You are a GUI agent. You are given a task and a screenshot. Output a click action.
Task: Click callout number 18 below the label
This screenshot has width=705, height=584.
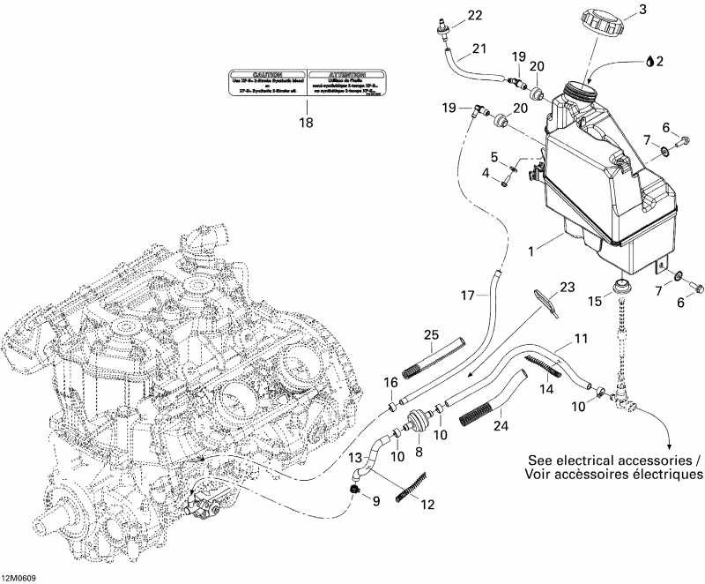click(x=306, y=124)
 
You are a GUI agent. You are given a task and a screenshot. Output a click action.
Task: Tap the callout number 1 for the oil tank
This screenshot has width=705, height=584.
click(x=531, y=252)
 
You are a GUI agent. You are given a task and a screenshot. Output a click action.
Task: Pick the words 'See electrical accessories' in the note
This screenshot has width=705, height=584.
click(x=613, y=460)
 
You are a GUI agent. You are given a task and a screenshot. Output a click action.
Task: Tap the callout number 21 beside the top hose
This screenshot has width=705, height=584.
click(x=479, y=48)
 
